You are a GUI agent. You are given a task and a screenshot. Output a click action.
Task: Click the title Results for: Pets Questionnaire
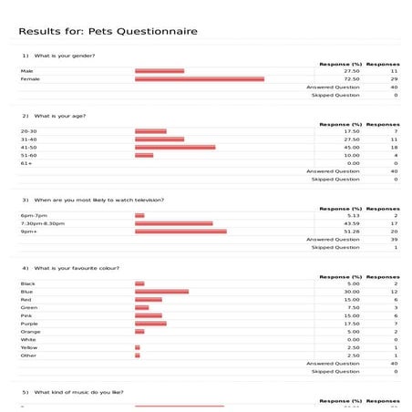point(108,32)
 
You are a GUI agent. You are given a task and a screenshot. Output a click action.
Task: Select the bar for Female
point(200,79)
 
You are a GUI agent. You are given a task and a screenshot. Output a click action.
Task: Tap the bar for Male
point(160,71)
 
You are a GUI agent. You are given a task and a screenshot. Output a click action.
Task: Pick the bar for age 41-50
point(175,147)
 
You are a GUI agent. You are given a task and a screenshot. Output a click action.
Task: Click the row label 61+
point(26,163)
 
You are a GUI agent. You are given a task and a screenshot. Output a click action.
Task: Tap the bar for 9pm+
point(180,232)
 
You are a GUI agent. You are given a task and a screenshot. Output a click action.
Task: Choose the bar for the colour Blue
point(161,292)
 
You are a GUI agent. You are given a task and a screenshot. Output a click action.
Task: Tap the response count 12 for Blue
point(395,292)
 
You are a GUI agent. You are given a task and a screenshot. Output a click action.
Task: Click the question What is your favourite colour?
point(77,268)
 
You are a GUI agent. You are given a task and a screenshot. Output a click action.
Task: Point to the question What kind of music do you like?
point(78,393)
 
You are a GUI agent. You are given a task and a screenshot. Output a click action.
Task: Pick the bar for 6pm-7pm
point(139,215)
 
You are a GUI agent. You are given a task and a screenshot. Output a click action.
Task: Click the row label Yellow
point(28,347)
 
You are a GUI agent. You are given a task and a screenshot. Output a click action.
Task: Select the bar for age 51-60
point(144,155)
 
